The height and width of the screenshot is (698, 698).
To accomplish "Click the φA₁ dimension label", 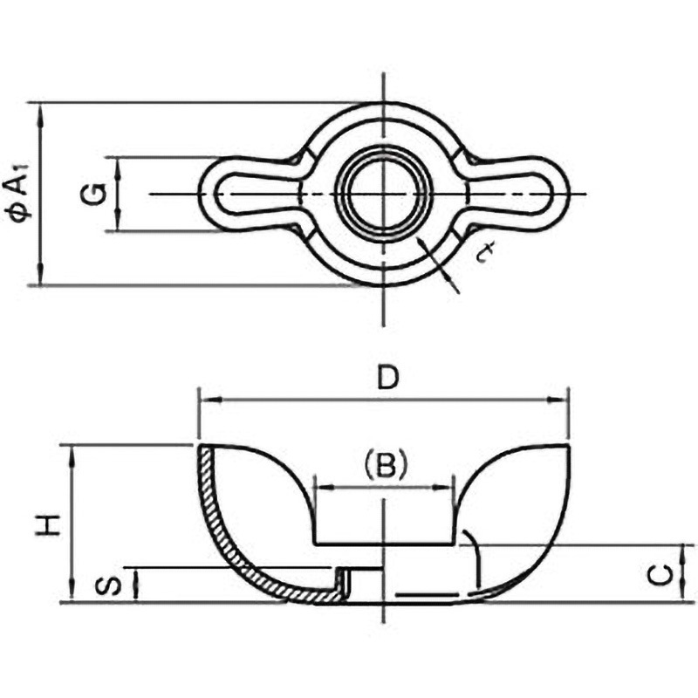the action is click(x=18, y=192).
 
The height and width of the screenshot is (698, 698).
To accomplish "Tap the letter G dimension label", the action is click(x=94, y=194).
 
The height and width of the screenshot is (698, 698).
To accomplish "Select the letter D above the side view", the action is click(x=387, y=378).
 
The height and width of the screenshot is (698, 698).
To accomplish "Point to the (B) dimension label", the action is click(x=386, y=466).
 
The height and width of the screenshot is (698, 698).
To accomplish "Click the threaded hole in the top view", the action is click(x=383, y=194).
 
